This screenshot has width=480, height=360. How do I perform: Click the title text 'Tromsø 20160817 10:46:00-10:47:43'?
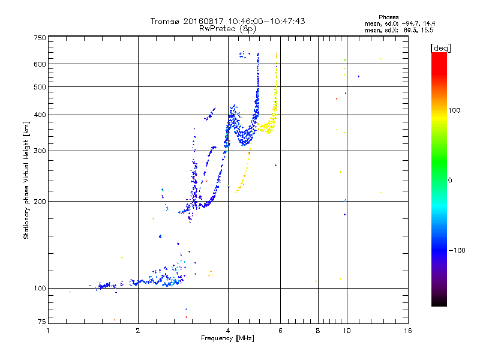[227, 21]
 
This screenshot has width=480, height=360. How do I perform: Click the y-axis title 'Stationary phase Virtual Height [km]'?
[26, 180]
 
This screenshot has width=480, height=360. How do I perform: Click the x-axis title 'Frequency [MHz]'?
[227, 338]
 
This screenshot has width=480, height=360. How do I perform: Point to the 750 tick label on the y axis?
[40, 38]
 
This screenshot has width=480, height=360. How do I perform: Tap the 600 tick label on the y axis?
[40, 64]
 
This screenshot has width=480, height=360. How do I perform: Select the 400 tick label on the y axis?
[40, 115]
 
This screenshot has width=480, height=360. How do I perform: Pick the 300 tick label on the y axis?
[40, 151]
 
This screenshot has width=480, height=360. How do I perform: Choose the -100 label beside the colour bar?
[458, 250]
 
